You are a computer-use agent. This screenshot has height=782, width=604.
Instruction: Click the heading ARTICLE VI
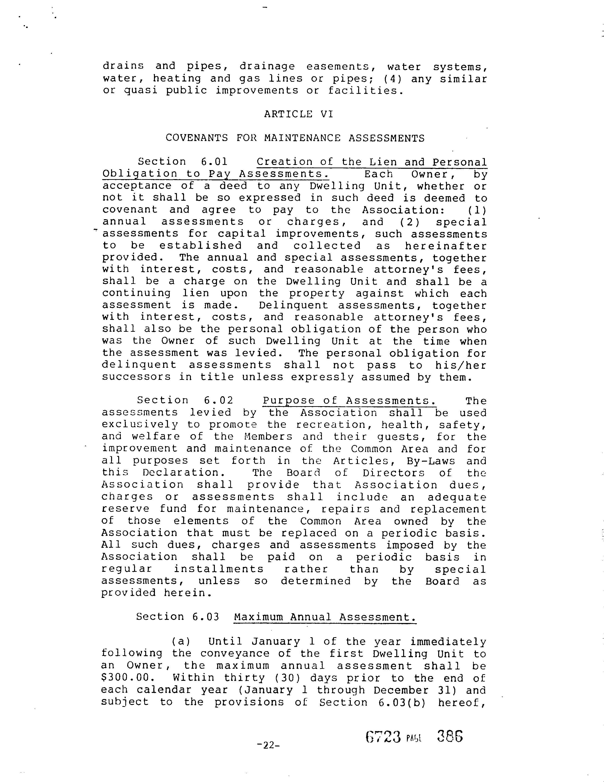tap(298, 114)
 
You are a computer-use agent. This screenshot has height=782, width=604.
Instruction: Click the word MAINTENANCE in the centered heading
tap(302, 138)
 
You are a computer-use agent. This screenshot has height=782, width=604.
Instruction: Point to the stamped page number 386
tap(450, 737)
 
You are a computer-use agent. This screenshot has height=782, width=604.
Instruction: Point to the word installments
tap(219, 569)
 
